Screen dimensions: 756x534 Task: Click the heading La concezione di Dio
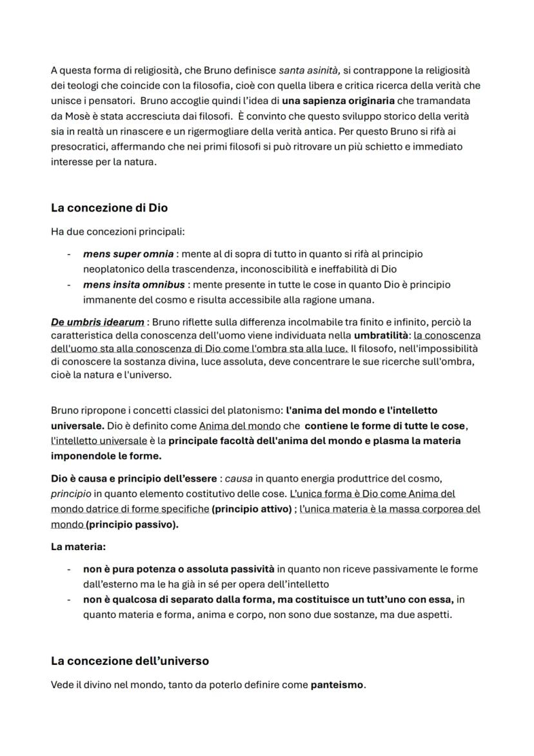pyautogui.click(x=109, y=208)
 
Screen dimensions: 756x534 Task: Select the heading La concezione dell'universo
pyautogui.click(x=130, y=661)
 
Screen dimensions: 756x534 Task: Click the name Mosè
pyautogui.click(x=79, y=116)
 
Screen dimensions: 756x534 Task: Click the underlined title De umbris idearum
pyautogui.click(x=97, y=322)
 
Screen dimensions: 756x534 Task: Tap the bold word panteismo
pyautogui.click(x=337, y=685)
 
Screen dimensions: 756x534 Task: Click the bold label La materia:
pyautogui.click(x=77, y=547)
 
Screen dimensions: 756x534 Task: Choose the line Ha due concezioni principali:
pyautogui.click(x=117, y=231)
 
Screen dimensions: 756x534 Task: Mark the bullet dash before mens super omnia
pyautogui.click(x=69, y=254)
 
